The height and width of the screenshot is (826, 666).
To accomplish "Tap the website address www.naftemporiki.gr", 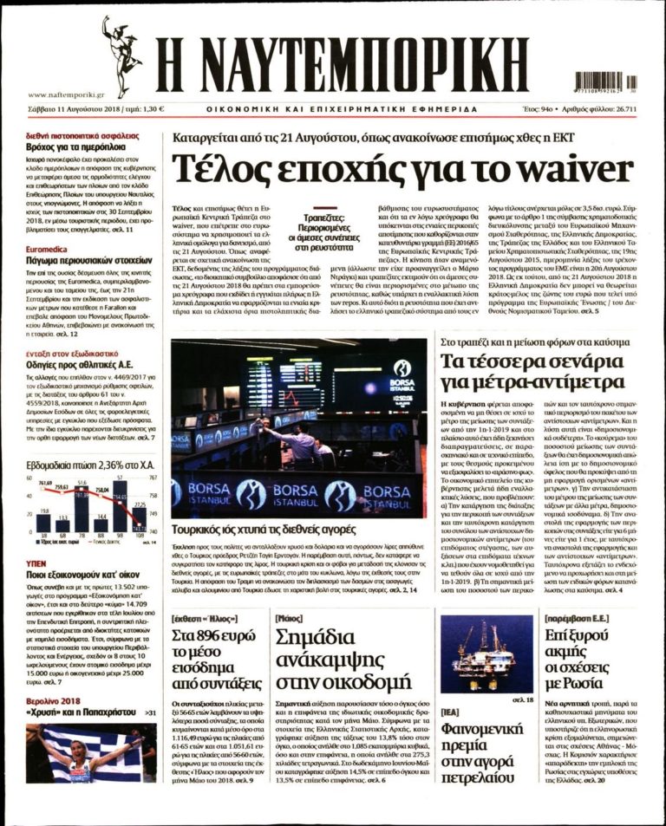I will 66,94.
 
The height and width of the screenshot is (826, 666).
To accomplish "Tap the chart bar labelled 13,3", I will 63,524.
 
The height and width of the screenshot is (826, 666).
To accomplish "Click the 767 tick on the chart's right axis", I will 153,478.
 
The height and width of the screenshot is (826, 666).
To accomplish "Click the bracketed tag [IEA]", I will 452,712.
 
